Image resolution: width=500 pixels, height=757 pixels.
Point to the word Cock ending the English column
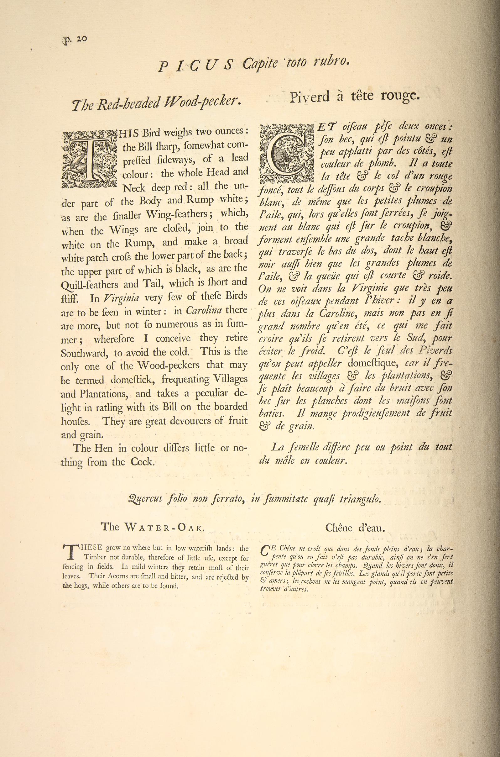click(x=142, y=462)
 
